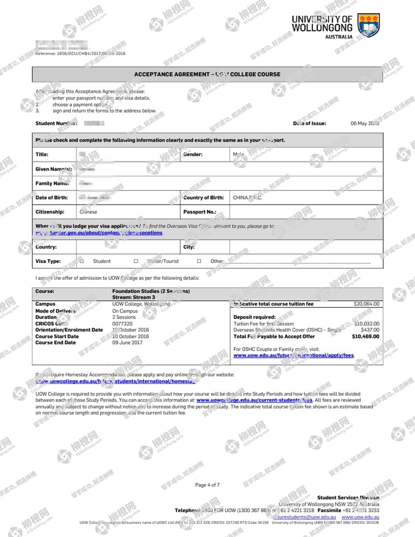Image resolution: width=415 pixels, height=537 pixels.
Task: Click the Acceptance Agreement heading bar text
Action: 207,74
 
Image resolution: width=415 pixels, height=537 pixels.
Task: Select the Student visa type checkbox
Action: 82,261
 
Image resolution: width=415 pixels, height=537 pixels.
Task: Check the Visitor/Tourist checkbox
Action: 136,261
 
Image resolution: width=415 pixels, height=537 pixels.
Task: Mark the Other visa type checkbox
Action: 199,261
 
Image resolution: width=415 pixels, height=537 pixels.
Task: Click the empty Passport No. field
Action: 305,212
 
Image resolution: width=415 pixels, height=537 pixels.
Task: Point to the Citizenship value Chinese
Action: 88,212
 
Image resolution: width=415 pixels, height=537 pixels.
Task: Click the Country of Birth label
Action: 203,198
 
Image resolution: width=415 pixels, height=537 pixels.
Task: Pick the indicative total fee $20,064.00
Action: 366,304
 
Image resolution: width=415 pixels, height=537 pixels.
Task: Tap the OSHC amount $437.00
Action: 370,330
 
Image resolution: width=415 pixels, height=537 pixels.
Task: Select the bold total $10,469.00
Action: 365,336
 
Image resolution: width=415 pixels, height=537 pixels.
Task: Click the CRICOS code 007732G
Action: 122,324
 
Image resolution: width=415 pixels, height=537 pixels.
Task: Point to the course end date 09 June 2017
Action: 127,343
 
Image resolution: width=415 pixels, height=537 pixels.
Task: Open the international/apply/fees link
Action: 293,355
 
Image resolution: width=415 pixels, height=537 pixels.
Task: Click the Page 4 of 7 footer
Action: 207,485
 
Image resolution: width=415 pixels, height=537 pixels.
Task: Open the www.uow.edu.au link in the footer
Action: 360,517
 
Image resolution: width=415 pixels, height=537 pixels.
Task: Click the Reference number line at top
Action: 80,54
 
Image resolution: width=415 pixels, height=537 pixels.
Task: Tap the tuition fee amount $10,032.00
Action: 367,324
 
